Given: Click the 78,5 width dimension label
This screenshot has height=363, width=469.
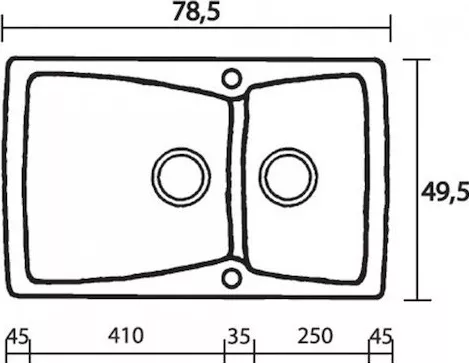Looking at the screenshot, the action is [196, 13].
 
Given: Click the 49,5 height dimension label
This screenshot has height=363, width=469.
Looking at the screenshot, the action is [445, 192].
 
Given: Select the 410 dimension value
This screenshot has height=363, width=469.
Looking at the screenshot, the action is [126, 336].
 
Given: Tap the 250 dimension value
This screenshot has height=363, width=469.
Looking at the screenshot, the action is [315, 336].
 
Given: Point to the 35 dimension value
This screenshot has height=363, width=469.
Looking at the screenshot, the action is [239, 336].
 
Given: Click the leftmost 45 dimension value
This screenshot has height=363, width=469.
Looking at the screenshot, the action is [18, 337].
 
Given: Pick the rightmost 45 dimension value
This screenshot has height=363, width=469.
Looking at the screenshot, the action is [381, 337].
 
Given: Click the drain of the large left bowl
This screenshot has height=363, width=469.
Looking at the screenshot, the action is [181, 177].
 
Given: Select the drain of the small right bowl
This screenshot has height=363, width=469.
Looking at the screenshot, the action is [288, 177].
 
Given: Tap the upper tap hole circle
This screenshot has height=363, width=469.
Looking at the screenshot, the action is [232, 79].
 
